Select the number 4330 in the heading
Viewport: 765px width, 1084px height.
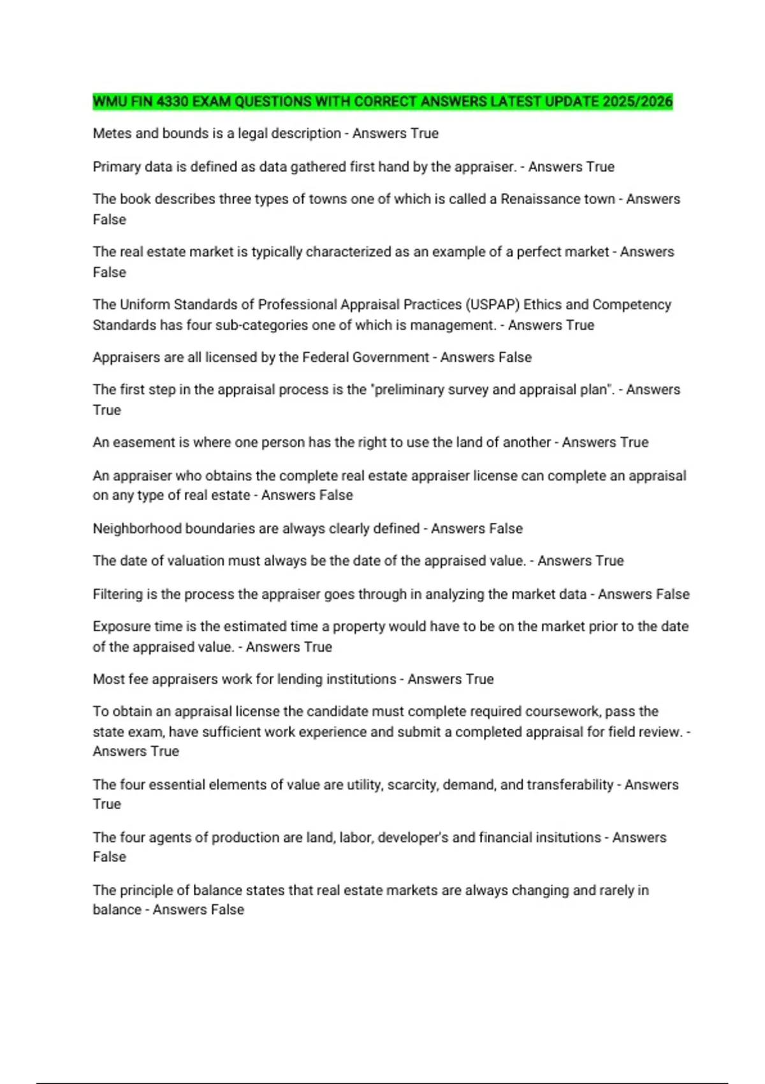coord(172,101)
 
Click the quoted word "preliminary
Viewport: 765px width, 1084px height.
coord(407,390)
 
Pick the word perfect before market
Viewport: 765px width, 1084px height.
coord(539,252)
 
